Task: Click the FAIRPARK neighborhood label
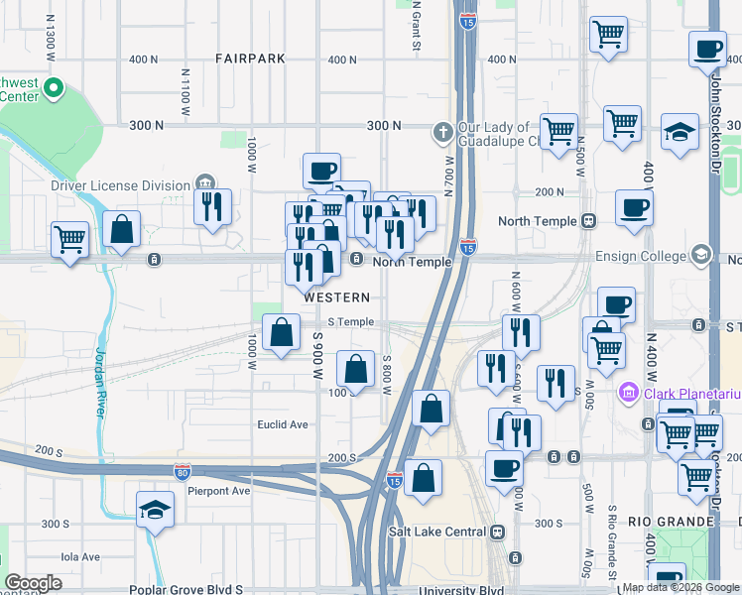(x=250, y=59)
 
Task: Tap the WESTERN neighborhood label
(x=337, y=297)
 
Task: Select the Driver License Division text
(x=120, y=185)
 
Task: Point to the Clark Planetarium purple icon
(x=627, y=394)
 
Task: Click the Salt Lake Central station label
(x=436, y=532)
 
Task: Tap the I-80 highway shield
(x=183, y=469)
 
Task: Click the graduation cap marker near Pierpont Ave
(x=155, y=511)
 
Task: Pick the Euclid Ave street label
(x=284, y=424)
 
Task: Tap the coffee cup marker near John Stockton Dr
(x=708, y=50)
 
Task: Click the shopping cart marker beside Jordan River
(x=70, y=238)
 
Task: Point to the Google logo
(x=33, y=583)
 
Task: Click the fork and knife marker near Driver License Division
(x=212, y=206)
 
